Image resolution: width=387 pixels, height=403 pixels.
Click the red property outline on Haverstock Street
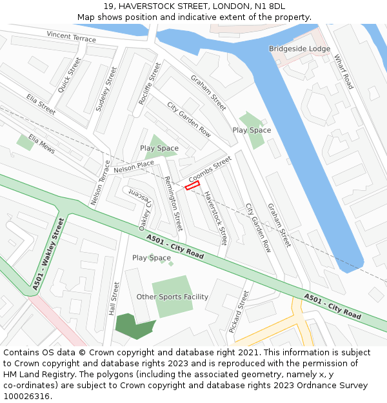pos(192,186)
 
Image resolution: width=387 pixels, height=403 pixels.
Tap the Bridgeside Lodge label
pos(299,49)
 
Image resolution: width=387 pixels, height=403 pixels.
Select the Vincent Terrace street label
pos(71,37)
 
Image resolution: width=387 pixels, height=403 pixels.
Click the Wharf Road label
pos(343,72)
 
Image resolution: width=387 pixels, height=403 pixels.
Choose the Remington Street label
pos(174,204)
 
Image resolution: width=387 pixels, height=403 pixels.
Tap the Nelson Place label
pos(134,167)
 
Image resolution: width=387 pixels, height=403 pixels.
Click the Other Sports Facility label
pos(172,297)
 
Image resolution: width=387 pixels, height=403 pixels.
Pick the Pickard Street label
pos(238,311)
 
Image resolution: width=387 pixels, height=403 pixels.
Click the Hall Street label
pos(115,298)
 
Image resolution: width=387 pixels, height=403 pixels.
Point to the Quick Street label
pos(70,75)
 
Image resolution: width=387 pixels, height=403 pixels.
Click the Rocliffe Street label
pos(149,84)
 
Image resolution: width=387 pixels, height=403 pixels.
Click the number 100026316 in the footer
pos(26,397)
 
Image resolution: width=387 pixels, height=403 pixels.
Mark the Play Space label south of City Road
pos(152,258)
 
